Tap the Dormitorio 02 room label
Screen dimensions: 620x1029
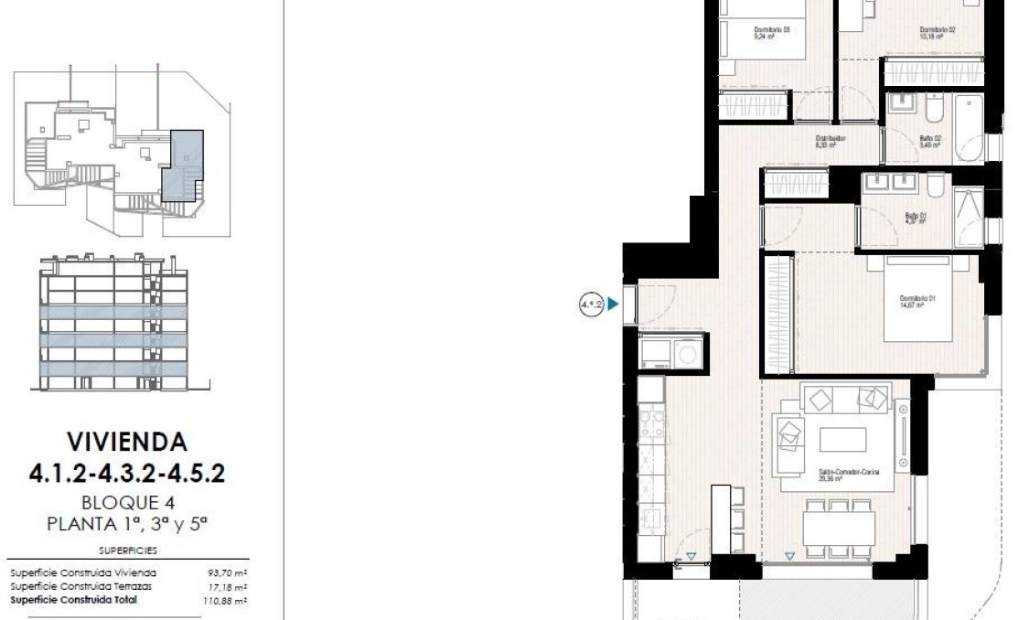pyautogui.click(x=938, y=34)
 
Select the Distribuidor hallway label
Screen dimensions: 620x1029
pyautogui.click(x=830, y=142)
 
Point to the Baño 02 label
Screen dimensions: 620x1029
pyautogui.click(x=931, y=142)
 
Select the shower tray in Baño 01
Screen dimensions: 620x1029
pyautogui.click(x=968, y=217)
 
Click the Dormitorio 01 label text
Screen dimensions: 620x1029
pyautogui.click(x=916, y=302)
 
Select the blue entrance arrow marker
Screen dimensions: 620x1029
pyautogui.click(x=615, y=305)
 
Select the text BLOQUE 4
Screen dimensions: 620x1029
pyautogui.click(x=128, y=502)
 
